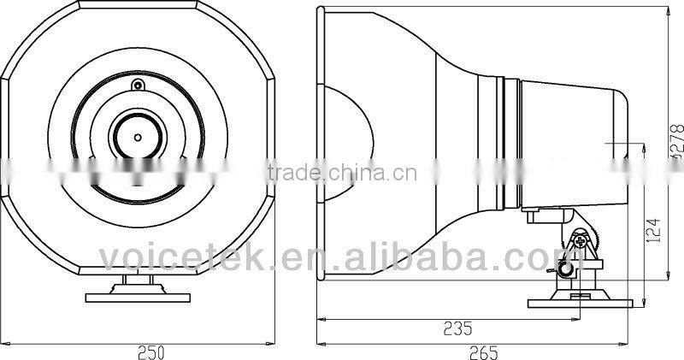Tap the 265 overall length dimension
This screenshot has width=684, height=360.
483,351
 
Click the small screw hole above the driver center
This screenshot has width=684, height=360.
137,85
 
